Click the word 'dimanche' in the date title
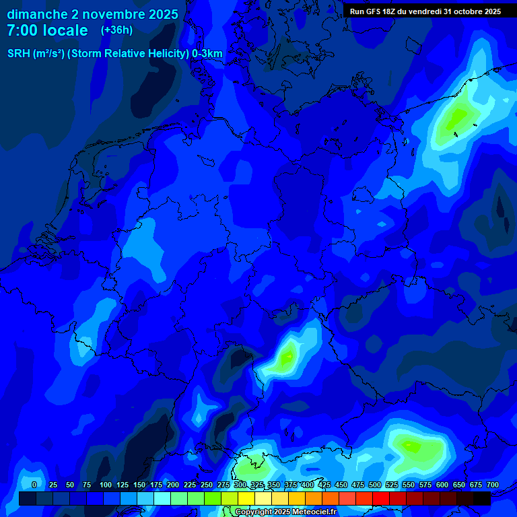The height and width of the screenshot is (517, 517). [x=37, y=14]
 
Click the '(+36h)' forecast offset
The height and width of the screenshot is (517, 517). [x=117, y=30]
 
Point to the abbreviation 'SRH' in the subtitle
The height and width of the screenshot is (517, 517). [x=19, y=54]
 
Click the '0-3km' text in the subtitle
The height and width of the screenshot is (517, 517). [x=207, y=54]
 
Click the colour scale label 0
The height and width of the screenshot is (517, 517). [x=34, y=485]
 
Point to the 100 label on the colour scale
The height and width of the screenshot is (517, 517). [x=106, y=485]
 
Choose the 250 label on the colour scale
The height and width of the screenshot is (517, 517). [x=207, y=485]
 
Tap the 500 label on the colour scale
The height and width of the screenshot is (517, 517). [x=375, y=485]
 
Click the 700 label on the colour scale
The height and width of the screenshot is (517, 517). [x=493, y=485]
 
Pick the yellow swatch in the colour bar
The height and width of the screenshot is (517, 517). [x=246, y=498]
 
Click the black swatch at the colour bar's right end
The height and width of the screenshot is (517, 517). [x=482, y=498]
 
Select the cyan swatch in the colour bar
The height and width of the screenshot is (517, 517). [x=162, y=498]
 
